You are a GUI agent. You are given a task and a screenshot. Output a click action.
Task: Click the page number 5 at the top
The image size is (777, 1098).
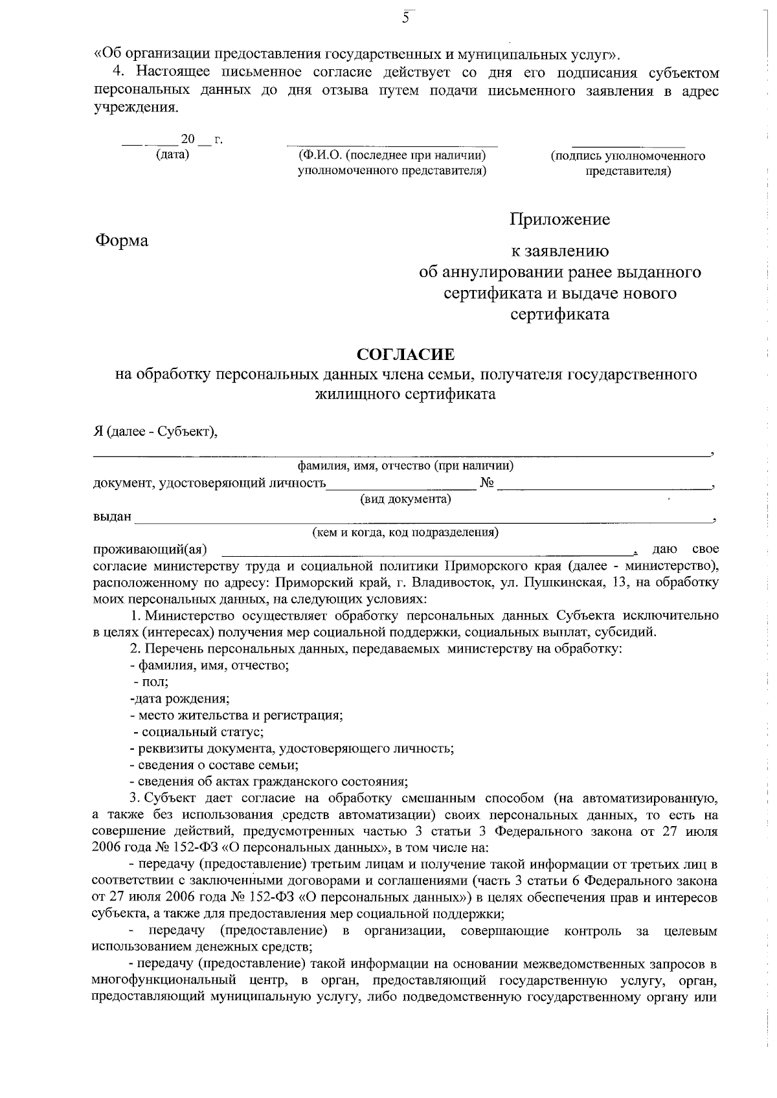[x=406, y=18]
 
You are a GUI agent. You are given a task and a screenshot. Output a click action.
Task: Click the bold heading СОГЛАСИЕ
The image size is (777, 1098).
[x=406, y=354]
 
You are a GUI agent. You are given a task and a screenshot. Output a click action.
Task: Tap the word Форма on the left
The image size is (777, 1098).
[x=122, y=241]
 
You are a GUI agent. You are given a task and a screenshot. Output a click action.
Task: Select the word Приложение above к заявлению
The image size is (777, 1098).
[x=559, y=219]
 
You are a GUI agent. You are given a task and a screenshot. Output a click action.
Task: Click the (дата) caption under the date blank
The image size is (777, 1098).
[x=172, y=155]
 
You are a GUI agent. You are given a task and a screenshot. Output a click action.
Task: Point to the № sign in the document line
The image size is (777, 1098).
[x=488, y=483]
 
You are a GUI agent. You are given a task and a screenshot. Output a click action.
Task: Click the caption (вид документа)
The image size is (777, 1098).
[x=405, y=499]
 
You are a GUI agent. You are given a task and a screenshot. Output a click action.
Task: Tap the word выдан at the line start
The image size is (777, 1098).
[x=112, y=517]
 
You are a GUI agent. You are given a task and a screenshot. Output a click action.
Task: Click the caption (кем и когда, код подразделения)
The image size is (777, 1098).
[x=405, y=533]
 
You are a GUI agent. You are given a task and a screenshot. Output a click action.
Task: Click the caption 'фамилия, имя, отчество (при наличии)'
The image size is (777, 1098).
[x=405, y=465]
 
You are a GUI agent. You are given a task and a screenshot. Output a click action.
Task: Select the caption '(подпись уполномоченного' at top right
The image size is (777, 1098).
[x=627, y=156]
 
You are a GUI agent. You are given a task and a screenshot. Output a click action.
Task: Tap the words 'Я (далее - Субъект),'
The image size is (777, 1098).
[x=155, y=432]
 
